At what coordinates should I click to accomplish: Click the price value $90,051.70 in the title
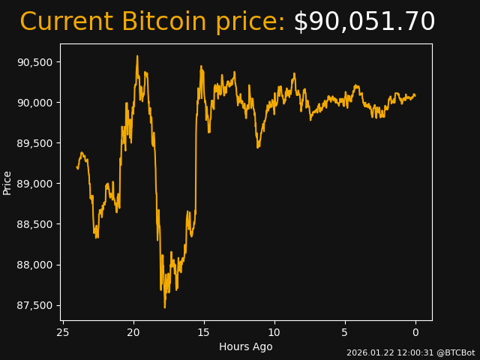coord(364,22)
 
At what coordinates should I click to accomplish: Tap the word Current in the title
coord(66,22)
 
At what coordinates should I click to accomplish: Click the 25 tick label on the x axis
coord(63,332)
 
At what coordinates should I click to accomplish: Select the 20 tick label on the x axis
coord(133,332)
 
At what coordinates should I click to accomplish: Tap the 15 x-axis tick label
coord(204,332)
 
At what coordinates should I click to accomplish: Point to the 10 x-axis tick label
coord(274,332)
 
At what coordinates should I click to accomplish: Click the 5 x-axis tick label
coord(345,332)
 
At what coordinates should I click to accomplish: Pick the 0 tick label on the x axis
coord(415,332)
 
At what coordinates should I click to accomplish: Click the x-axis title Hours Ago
coord(245,346)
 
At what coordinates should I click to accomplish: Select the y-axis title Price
coord(7,182)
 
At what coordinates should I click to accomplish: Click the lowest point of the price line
coord(165,307)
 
